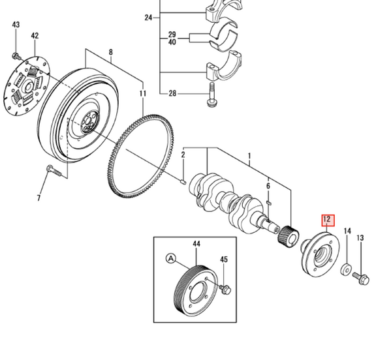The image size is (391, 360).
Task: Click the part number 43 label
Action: [x=16, y=25]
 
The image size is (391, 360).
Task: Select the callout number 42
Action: [x=34, y=36]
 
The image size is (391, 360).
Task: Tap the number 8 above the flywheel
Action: [x=111, y=52]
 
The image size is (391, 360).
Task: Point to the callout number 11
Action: [x=142, y=94]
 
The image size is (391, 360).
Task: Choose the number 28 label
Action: [x=172, y=94]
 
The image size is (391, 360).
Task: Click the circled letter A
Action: [x=172, y=259]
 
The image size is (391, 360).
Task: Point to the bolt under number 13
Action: [x=361, y=278]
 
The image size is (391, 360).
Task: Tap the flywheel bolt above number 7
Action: [x=53, y=172]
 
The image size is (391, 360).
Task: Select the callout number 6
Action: [x=268, y=187]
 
